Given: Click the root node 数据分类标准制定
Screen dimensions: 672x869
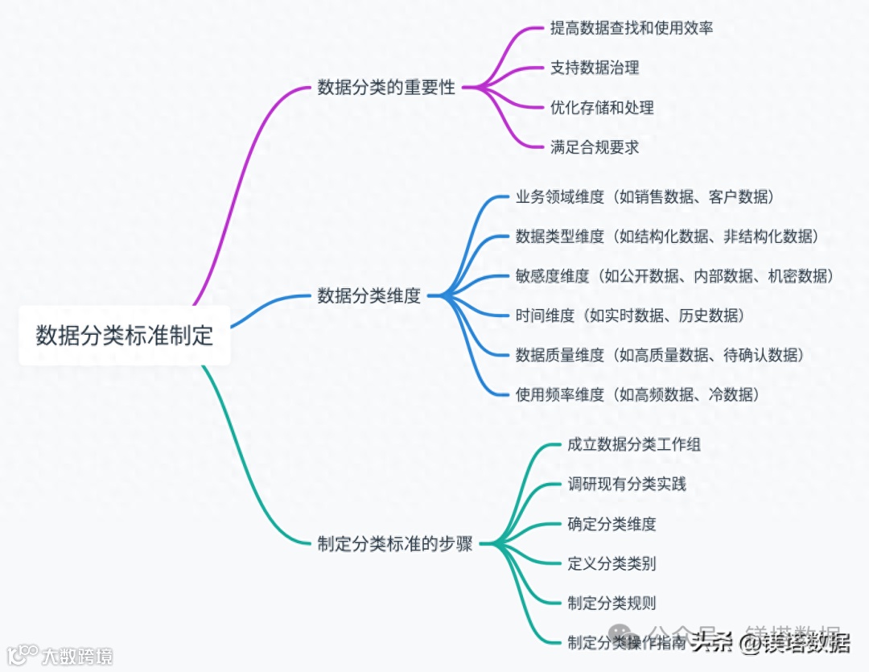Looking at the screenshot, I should (x=125, y=336).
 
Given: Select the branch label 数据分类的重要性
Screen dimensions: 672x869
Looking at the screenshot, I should (x=386, y=88).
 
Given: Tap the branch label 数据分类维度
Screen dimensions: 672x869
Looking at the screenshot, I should (x=369, y=296).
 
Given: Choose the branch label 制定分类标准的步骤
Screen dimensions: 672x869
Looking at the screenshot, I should (x=395, y=544).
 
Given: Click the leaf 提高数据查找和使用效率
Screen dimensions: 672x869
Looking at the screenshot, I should (x=632, y=28).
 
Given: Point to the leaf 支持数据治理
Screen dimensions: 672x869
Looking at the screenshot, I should (x=595, y=68).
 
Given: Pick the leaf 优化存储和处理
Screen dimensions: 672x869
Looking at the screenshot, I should (x=602, y=107).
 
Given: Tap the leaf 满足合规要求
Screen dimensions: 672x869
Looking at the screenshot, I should (x=595, y=146).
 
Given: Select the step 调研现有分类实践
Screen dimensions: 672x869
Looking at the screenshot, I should (x=627, y=484).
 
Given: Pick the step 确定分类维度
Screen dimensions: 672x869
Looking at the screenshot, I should (x=612, y=524).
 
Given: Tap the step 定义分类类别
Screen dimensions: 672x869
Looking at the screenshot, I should (x=612, y=563).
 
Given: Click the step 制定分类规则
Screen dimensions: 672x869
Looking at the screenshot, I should (x=612, y=603).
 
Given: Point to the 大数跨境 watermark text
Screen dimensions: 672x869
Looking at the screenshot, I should (x=77, y=656).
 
